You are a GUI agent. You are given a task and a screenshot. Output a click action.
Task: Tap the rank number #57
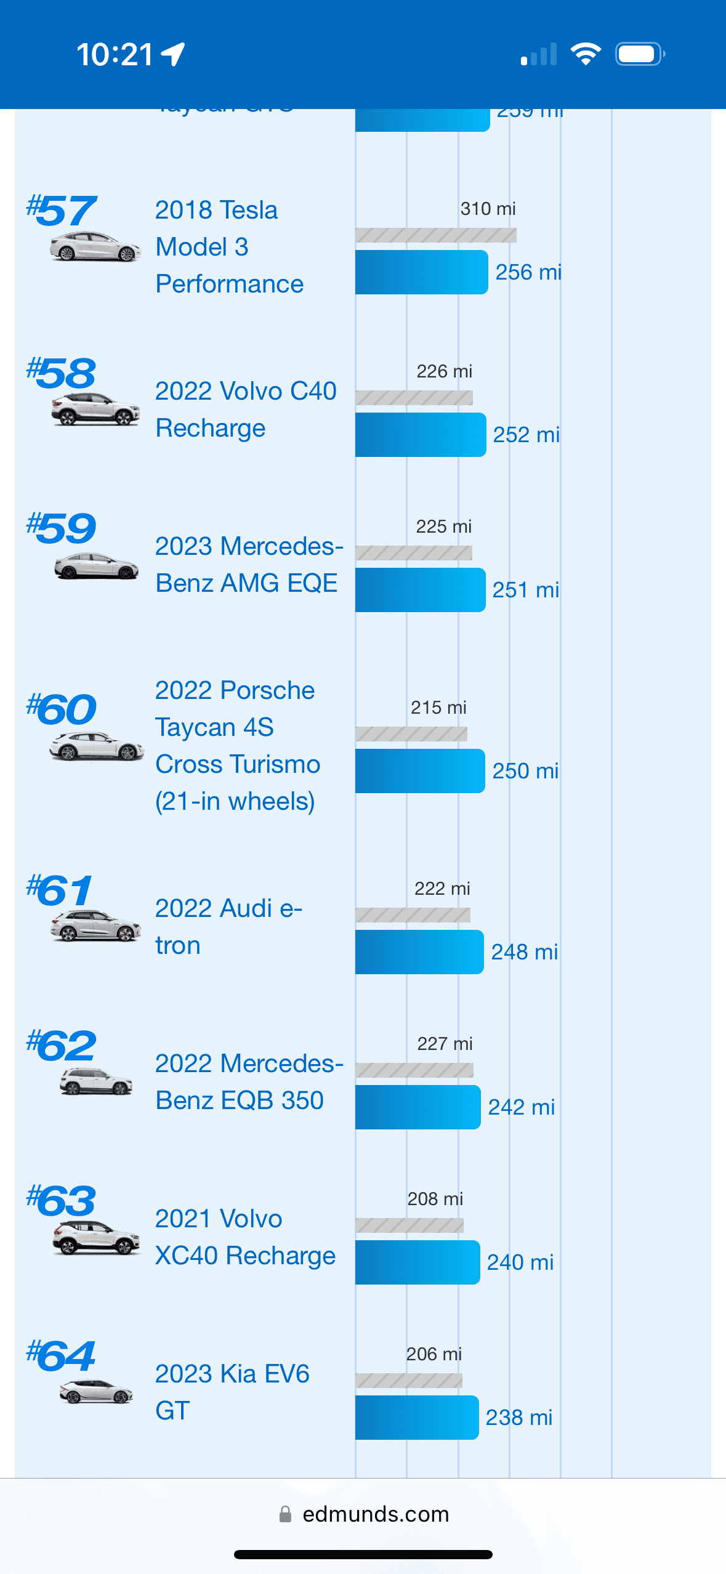tap(62, 211)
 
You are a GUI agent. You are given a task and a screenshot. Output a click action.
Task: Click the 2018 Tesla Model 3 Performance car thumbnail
tap(95, 248)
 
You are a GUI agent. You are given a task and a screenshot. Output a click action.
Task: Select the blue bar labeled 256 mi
tap(421, 272)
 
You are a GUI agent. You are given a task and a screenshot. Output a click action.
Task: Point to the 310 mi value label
tap(488, 209)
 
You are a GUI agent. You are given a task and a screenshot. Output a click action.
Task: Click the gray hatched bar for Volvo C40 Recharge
tap(414, 398)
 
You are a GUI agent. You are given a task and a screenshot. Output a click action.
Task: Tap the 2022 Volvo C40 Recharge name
tap(245, 410)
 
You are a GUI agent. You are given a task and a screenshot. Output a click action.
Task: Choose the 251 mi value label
tap(525, 590)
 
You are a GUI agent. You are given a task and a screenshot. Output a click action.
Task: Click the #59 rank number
tap(62, 528)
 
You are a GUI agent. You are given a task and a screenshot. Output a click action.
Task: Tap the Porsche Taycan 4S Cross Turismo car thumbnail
tap(97, 746)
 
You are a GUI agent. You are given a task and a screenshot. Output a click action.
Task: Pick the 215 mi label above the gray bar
tap(438, 708)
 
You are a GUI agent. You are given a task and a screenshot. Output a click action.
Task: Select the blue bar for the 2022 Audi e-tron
tap(419, 952)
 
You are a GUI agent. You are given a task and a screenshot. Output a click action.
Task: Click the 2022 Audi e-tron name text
tap(228, 927)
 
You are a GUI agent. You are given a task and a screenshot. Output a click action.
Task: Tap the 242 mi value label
tap(521, 1107)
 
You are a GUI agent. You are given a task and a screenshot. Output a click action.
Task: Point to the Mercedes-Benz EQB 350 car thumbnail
tap(96, 1081)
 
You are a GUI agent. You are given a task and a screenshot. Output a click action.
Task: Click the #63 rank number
tap(62, 1201)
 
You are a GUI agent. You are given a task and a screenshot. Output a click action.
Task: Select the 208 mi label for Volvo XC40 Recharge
tap(435, 1199)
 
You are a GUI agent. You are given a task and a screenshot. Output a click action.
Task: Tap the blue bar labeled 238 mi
tap(416, 1418)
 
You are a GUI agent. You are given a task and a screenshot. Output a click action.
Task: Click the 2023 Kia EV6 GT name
tap(232, 1392)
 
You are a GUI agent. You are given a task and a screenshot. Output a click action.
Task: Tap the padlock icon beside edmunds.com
tap(285, 1514)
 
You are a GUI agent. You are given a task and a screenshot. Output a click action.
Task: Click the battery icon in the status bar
tap(639, 54)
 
